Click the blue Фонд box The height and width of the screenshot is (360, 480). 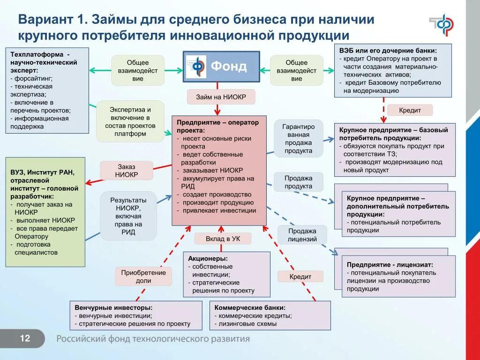point(221,67)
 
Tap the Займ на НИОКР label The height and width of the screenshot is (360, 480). point(221,97)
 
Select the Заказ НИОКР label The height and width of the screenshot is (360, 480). point(127,171)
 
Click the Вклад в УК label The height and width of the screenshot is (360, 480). point(223,239)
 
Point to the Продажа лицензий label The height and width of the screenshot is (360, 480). point(302,235)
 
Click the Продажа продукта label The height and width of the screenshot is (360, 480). point(299,182)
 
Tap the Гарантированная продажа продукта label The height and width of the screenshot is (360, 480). point(299,138)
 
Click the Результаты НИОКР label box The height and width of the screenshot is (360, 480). point(127,216)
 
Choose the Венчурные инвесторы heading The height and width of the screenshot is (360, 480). point(113,308)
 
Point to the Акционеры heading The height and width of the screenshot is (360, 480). point(208,258)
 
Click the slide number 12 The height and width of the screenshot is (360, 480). point(25,338)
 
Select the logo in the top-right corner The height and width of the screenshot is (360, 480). point(441,24)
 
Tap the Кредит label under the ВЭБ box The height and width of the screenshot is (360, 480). point(410,110)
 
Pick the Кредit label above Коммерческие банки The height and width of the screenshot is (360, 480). point(300,277)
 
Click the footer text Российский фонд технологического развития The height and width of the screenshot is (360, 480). point(153,339)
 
